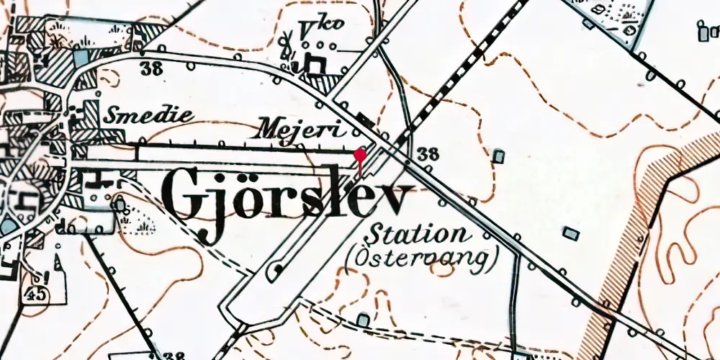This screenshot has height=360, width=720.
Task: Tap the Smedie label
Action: [x=150, y=115]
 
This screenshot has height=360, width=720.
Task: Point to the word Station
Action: [x=415, y=234]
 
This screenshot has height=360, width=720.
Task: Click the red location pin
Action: [x=360, y=154]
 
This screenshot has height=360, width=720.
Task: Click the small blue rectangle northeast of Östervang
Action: [x=570, y=233]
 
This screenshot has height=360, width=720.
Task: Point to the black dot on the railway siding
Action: [x=276, y=270]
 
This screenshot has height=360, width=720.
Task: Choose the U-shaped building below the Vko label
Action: [x=315, y=64]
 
